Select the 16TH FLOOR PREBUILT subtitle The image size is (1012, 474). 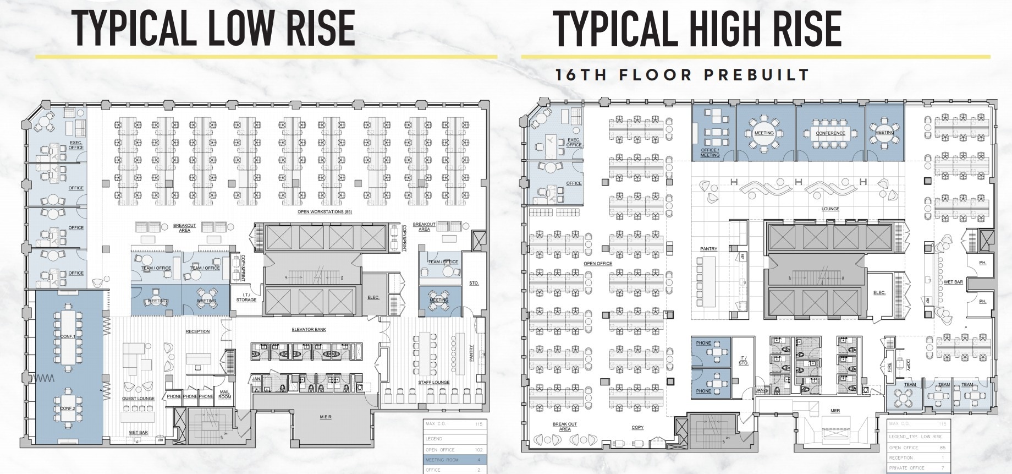tap(682, 75)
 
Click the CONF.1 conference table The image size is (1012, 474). tap(67, 336)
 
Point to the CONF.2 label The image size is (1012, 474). tap(67, 408)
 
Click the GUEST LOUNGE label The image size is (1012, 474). tap(138, 399)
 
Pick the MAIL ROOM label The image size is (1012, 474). tap(224, 394)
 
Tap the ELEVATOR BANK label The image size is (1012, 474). tap(309, 330)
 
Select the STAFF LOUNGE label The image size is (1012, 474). tap(433, 382)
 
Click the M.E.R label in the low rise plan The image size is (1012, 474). tap(326, 417)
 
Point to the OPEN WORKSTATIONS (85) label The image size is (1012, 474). tap(324, 212)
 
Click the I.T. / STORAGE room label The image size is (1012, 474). tap(246, 298)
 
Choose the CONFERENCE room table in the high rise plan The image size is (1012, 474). tap(831, 133)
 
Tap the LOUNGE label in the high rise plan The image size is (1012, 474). tap(830, 209)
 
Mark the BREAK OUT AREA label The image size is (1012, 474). tap(564, 427)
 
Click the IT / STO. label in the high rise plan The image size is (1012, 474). tap(743, 361)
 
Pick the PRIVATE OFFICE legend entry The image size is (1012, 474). tap(916, 468)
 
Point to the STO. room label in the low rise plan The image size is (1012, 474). tap(474, 283)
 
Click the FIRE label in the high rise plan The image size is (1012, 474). tap(890, 366)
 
